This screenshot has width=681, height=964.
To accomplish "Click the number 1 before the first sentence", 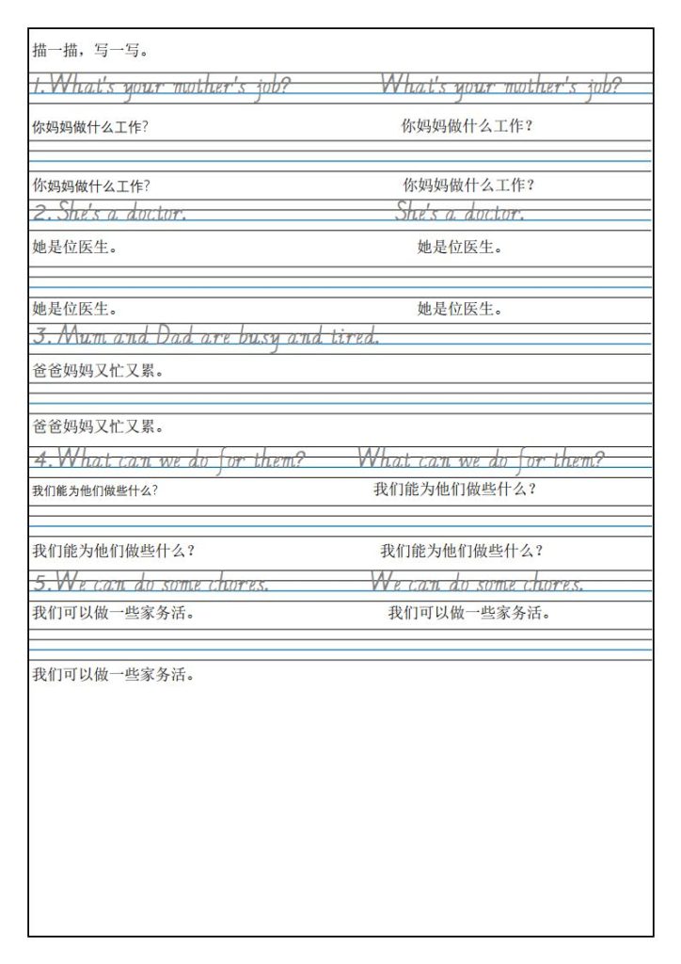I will (x=36, y=88).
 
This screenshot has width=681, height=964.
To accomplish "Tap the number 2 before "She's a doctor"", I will (x=39, y=213).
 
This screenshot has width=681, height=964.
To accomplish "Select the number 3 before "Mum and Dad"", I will (x=40, y=336).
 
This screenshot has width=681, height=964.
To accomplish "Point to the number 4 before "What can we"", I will (x=39, y=461).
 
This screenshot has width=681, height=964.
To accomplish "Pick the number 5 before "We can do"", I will (x=40, y=585).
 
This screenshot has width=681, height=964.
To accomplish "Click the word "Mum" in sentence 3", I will (x=82, y=336).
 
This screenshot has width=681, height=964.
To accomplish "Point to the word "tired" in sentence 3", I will (x=352, y=336).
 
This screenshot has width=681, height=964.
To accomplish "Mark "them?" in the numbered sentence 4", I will (x=270, y=461).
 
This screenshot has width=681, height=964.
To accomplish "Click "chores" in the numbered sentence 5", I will (x=238, y=585).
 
